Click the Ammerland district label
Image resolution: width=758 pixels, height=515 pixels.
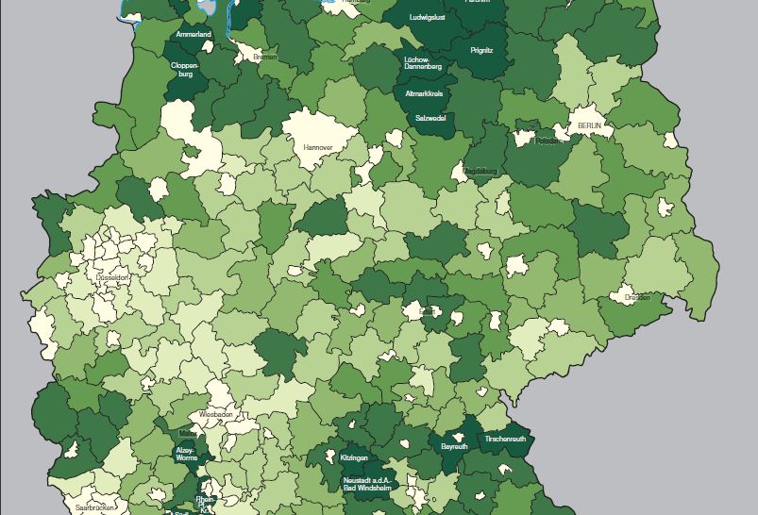193,35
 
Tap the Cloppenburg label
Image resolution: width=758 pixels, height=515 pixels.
184,69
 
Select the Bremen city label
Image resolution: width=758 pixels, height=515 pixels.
265,58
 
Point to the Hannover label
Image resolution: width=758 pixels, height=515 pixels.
318,148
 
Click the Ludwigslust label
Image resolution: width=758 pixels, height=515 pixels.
428,18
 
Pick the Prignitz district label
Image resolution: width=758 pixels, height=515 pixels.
481,50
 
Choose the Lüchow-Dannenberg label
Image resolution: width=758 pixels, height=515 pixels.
422,63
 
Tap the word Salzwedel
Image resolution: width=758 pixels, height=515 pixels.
431,118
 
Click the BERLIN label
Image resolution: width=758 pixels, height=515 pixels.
590,125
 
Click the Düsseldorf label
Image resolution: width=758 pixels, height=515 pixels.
112,279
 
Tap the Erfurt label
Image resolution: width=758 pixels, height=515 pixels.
427,311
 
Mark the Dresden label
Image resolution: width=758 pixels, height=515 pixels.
636,298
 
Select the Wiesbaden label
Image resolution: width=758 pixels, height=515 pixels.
215,414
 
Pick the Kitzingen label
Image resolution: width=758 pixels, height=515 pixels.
354,457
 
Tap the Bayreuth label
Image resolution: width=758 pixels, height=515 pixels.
454,446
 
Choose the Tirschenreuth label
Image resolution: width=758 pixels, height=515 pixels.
505,440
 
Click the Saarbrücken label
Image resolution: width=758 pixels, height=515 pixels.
95,507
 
